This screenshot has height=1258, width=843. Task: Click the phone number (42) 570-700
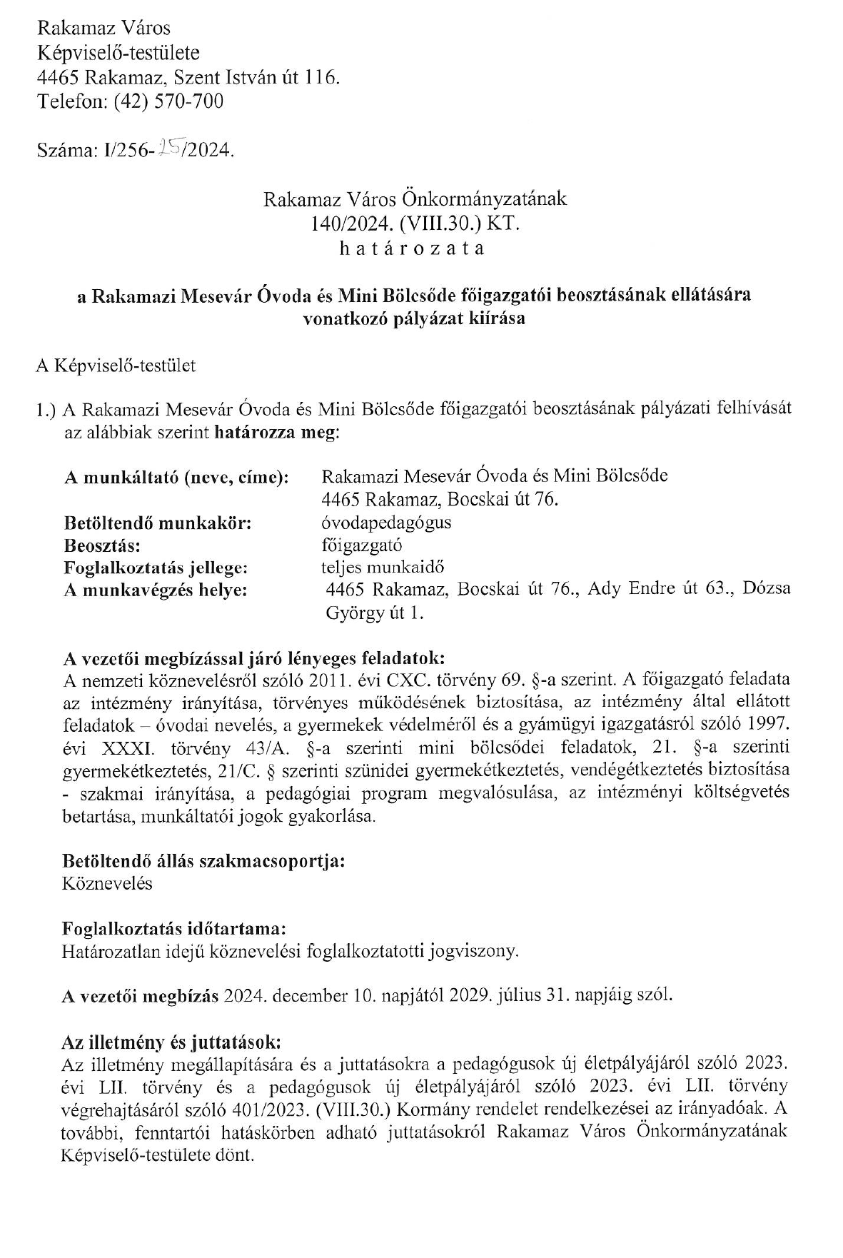pos(168,101)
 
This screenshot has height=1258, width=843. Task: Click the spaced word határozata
pos(413,248)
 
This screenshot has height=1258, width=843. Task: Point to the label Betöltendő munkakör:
pos(158,523)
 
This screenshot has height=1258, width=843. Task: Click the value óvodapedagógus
pos(386,522)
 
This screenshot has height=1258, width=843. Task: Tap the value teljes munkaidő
pos(383,568)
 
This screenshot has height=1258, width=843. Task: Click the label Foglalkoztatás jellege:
pos(156,569)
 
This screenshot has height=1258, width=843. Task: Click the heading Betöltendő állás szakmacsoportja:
pos(204,860)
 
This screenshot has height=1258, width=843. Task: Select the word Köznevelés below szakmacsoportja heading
pos(107,883)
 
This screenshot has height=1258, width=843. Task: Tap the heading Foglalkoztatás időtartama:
pos(174,929)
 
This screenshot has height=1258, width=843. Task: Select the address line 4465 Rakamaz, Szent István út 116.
pos(188,76)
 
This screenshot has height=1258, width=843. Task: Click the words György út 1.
pos(374,613)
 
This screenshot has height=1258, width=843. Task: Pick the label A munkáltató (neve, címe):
pos(176,477)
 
